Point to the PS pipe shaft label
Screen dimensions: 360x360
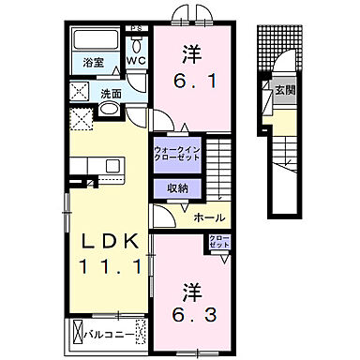[x=137, y=28]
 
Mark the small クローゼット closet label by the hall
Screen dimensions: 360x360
[x=217, y=241]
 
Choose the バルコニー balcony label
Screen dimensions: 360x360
[x=103, y=331]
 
